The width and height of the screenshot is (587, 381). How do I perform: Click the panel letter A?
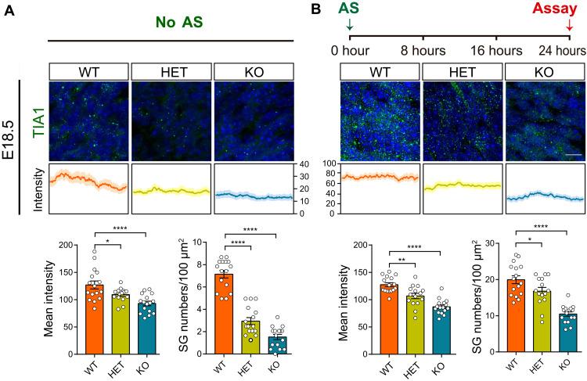pos(8,9)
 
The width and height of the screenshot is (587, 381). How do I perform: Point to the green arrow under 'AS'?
pos(349,27)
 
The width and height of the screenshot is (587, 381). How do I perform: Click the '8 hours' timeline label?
pos(423,52)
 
